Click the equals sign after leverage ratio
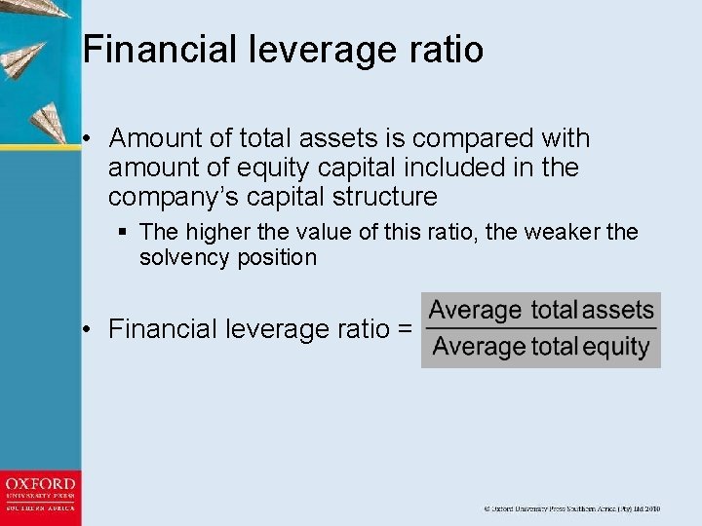coord(405,329)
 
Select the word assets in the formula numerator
coord(618,311)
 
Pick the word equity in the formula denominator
coord(615,347)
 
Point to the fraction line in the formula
coord(541,329)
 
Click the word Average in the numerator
coord(476,311)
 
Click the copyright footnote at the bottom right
coord(572,508)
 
